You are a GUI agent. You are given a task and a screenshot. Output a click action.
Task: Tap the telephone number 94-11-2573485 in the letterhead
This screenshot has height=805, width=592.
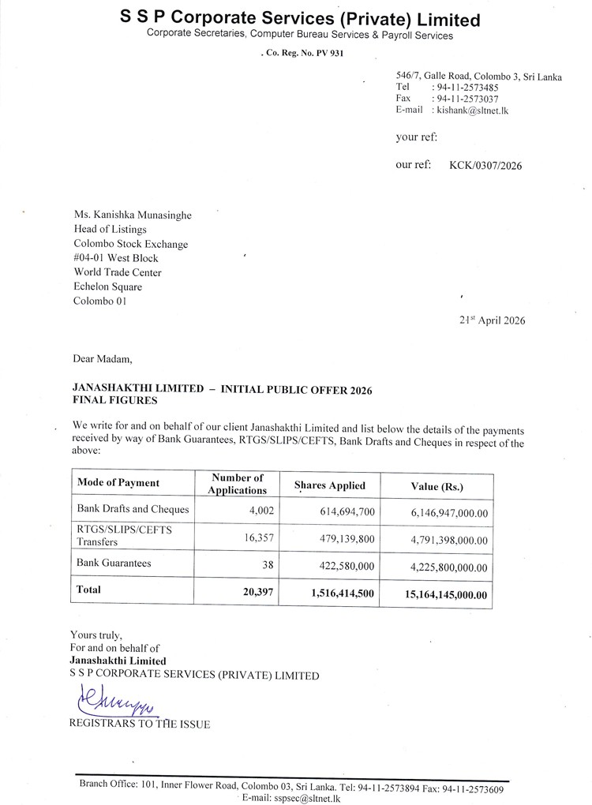pos(465,87)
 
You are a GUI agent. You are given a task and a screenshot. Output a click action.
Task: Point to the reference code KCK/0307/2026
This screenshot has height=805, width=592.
pos(485,166)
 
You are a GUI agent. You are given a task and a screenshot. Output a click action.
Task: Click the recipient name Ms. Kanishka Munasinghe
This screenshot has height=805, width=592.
pos(132,215)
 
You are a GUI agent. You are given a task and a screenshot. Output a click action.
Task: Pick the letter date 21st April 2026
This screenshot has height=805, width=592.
pos(492,320)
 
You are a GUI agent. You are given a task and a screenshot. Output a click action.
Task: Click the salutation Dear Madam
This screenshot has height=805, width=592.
pos(103,358)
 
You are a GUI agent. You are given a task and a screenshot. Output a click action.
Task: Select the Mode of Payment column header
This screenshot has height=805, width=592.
pos(118,482)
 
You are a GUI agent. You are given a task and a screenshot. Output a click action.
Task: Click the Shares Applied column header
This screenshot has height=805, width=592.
pos(329,485)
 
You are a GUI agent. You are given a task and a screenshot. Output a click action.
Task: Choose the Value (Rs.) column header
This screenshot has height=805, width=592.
pos(437,486)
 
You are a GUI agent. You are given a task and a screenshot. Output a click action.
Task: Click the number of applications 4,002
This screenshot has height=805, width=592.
pos(259,511)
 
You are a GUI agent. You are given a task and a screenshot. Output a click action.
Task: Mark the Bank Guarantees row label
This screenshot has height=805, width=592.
pos(114,563)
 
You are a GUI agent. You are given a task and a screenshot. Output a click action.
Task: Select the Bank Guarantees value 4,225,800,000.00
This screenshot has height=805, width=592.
pos(448,567)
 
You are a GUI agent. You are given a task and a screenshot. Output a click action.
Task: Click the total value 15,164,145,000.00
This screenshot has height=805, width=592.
pos(444,594)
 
